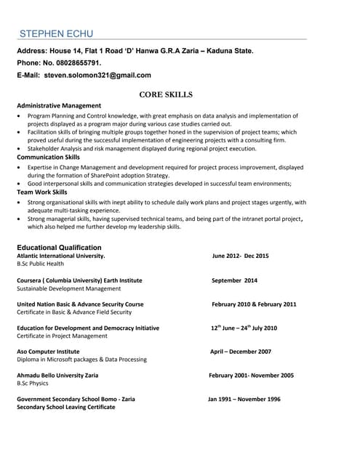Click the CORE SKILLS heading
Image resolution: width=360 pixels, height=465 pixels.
[x=165, y=94]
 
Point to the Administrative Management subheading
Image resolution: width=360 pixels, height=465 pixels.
[x=59, y=105]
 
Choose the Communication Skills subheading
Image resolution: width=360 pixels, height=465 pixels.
[x=48, y=157]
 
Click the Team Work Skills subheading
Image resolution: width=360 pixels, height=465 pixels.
[x=42, y=192]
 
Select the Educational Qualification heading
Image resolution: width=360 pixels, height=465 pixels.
[x=59, y=247]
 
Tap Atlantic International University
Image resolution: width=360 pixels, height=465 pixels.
[x=60, y=256]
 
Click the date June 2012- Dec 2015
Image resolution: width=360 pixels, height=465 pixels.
[x=240, y=256]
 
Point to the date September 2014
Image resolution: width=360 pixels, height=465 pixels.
[x=234, y=280]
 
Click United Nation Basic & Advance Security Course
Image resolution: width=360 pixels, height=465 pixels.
[x=80, y=304]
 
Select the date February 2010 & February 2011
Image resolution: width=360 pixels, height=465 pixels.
[x=254, y=304]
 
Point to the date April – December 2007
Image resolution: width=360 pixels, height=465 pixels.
[x=240, y=352]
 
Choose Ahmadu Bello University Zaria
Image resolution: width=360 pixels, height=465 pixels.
[x=57, y=376]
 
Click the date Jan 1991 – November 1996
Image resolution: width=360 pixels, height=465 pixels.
[x=244, y=399]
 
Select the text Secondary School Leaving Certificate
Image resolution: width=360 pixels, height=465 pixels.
[x=65, y=408]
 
